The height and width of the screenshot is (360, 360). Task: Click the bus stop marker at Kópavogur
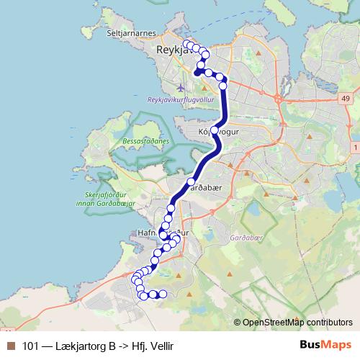214,130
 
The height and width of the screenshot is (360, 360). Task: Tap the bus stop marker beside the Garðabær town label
191,181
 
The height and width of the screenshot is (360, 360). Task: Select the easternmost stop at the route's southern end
163,294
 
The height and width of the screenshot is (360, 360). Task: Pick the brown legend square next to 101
10,346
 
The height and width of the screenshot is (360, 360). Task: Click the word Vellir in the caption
159,346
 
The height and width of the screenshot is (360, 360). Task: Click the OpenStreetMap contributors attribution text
294,322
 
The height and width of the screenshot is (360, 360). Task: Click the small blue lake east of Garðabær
252,212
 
